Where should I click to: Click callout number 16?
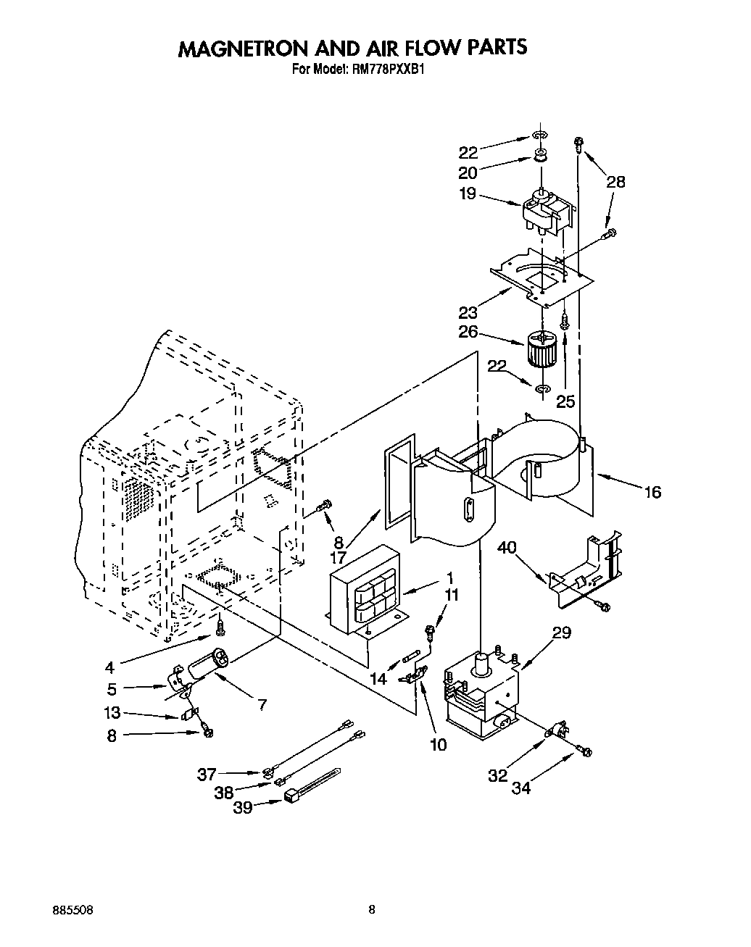pyautogui.click(x=652, y=493)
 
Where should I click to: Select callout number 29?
pyautogui.click(x=561, y=633)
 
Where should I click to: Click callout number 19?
pyautogui.click(x=468, y=193)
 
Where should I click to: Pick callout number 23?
pyautogui.click(x=468, y=312)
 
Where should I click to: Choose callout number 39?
pyautogui.click(x=243, y=807)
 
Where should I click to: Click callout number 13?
pyautogui.click(x=112, y=713)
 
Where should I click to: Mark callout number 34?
pyautogui.click(x=520, y=788)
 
